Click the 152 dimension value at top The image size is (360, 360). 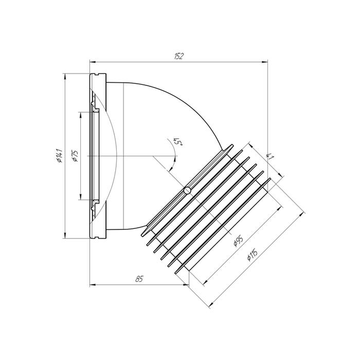point(178,57)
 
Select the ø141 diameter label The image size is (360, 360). point(59,155)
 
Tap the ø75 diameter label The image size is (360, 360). point(75,156)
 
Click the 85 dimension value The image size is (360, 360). point(139,279)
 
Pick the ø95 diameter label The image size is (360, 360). point(238,241)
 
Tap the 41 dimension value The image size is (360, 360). point(270,157)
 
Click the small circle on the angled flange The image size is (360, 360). point(187,190)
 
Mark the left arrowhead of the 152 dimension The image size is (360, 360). point(92,62)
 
